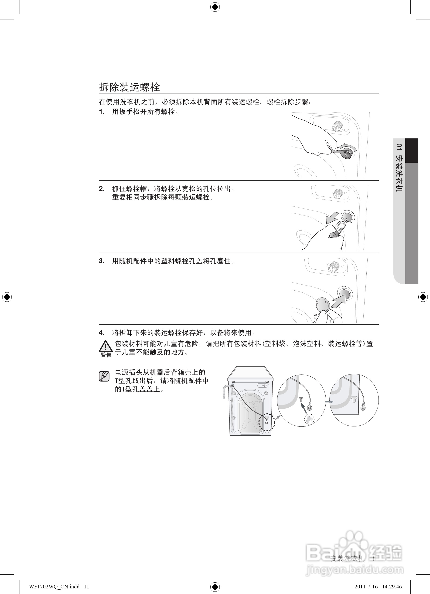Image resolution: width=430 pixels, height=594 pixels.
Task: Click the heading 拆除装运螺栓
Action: point(129,87)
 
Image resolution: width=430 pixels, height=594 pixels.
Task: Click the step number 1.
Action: point(102,112)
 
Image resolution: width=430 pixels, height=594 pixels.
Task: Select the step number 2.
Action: point(102,189)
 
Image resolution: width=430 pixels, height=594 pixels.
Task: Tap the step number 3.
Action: point(102,261)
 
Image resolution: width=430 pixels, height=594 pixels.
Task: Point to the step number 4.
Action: point(102,333)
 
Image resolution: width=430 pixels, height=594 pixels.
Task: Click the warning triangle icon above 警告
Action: point(106,346)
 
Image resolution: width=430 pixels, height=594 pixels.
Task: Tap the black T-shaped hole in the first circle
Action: point(301,399)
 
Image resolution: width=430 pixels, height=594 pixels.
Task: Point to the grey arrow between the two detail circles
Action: point(329,402)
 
